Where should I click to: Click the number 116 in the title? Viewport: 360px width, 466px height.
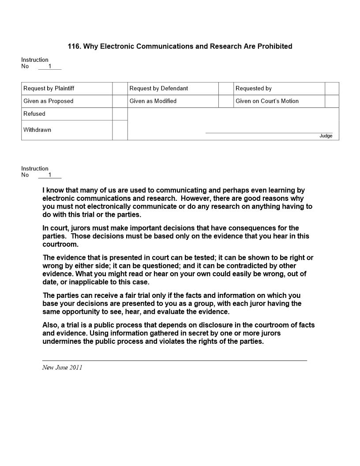tap(74, 46)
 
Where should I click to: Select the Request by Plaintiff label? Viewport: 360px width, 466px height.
tap(49, 88)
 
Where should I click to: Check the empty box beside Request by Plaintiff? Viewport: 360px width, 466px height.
tap(120, 88)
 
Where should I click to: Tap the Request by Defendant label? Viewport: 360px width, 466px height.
tap(158, 88)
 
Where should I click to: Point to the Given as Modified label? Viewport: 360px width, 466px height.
tap(153, 101)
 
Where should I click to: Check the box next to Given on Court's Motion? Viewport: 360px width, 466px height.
tap(332, 101)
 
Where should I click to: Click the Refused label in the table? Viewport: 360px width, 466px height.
tap(34, 114)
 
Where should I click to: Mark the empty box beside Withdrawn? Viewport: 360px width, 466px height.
tap(120, 130)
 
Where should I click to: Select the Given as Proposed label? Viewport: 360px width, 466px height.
tap(49, 101)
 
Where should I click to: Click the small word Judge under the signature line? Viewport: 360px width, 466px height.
tap(326, 136)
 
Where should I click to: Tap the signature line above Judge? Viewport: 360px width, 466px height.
tap(269, 132)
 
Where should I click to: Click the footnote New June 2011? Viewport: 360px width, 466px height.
tap(62, 368)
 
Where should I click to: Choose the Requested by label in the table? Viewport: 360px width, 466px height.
tap(254, 88)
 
